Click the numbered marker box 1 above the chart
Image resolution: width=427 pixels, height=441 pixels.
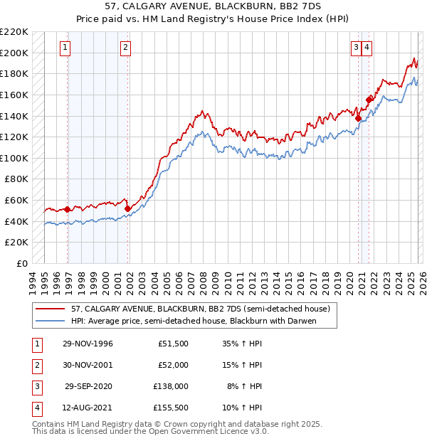(x=65, y=48)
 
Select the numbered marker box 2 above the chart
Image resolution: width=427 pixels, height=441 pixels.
(x=125, y=48)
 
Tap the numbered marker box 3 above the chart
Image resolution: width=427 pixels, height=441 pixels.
(x=355, y=48)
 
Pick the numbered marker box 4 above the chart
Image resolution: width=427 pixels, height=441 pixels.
(x=367, y=48)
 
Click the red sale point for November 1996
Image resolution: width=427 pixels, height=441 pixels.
(x=67, y=209)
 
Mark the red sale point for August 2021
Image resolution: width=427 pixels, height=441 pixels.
(x=369, y=100)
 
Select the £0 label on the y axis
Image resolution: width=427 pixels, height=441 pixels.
(x=23, y=263)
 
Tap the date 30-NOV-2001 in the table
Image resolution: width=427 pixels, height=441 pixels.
(x=88, y=364)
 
